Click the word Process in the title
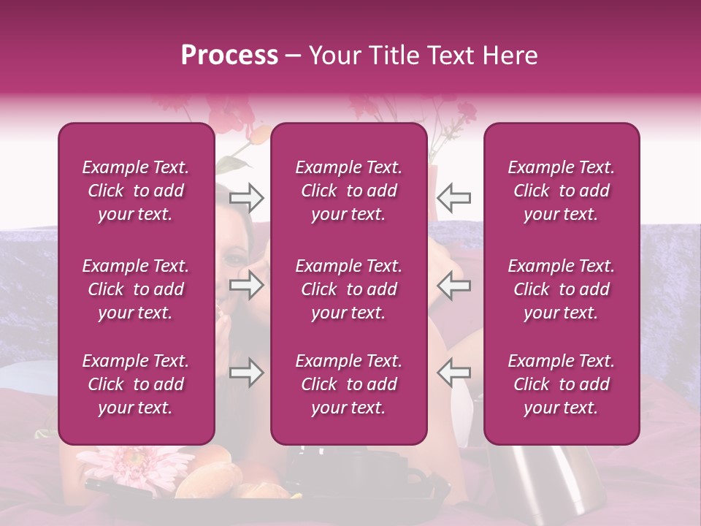coord(229,56)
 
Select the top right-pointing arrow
coord(247,197)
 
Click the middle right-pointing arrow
coord(247,286)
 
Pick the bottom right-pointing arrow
coord(247,373)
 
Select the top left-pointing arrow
coord(453,197)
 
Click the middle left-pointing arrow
coord(453,286)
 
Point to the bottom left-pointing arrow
coord(453,373)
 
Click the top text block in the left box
coord(136,191)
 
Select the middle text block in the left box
coord(136,289)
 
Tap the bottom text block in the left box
coord(136,384)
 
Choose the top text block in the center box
coord(348,191)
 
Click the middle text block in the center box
coord(348,289)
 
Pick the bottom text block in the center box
coord(348,384)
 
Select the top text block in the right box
coord(561,191)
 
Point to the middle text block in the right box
coord(561,289)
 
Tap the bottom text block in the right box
coord(561,384)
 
